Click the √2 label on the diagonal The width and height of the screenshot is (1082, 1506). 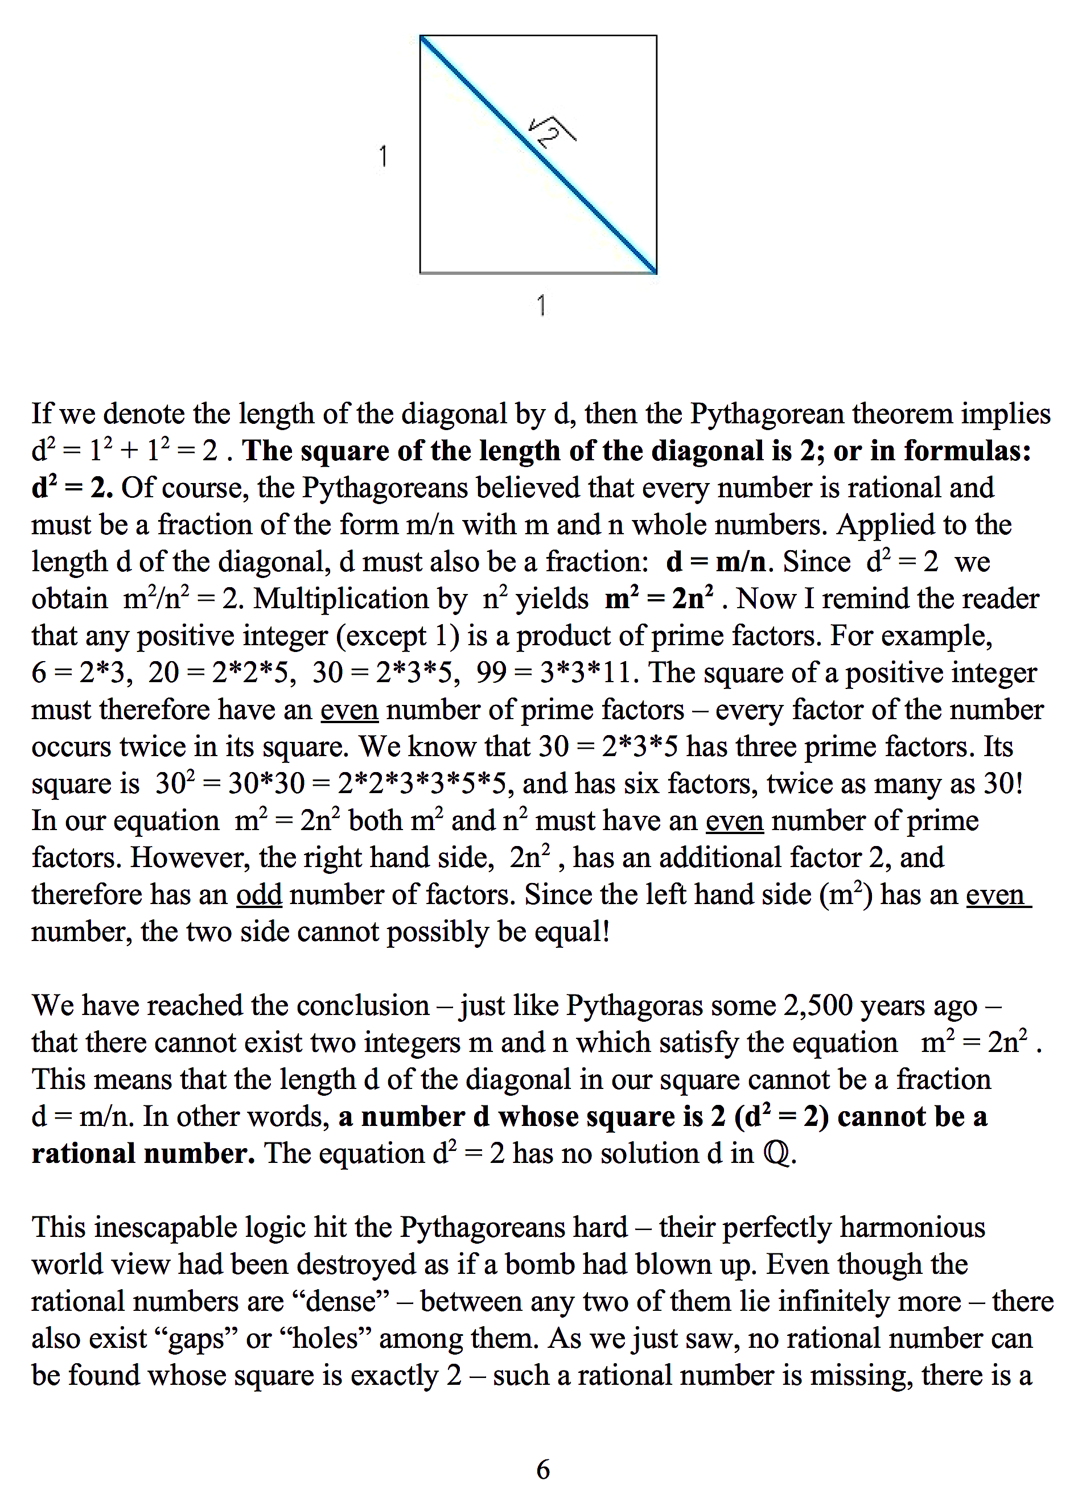tap(552, 131)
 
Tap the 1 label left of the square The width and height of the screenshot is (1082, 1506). tap(382, 156)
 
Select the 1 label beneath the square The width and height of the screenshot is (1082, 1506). tap(541, 306)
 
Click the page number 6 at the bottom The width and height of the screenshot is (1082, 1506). tap(542, 1470)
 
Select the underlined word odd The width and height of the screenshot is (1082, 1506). tap(259, 894)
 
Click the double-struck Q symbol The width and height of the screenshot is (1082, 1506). tap(776, 1153)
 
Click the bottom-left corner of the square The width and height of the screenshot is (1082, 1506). tap(421, 273)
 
